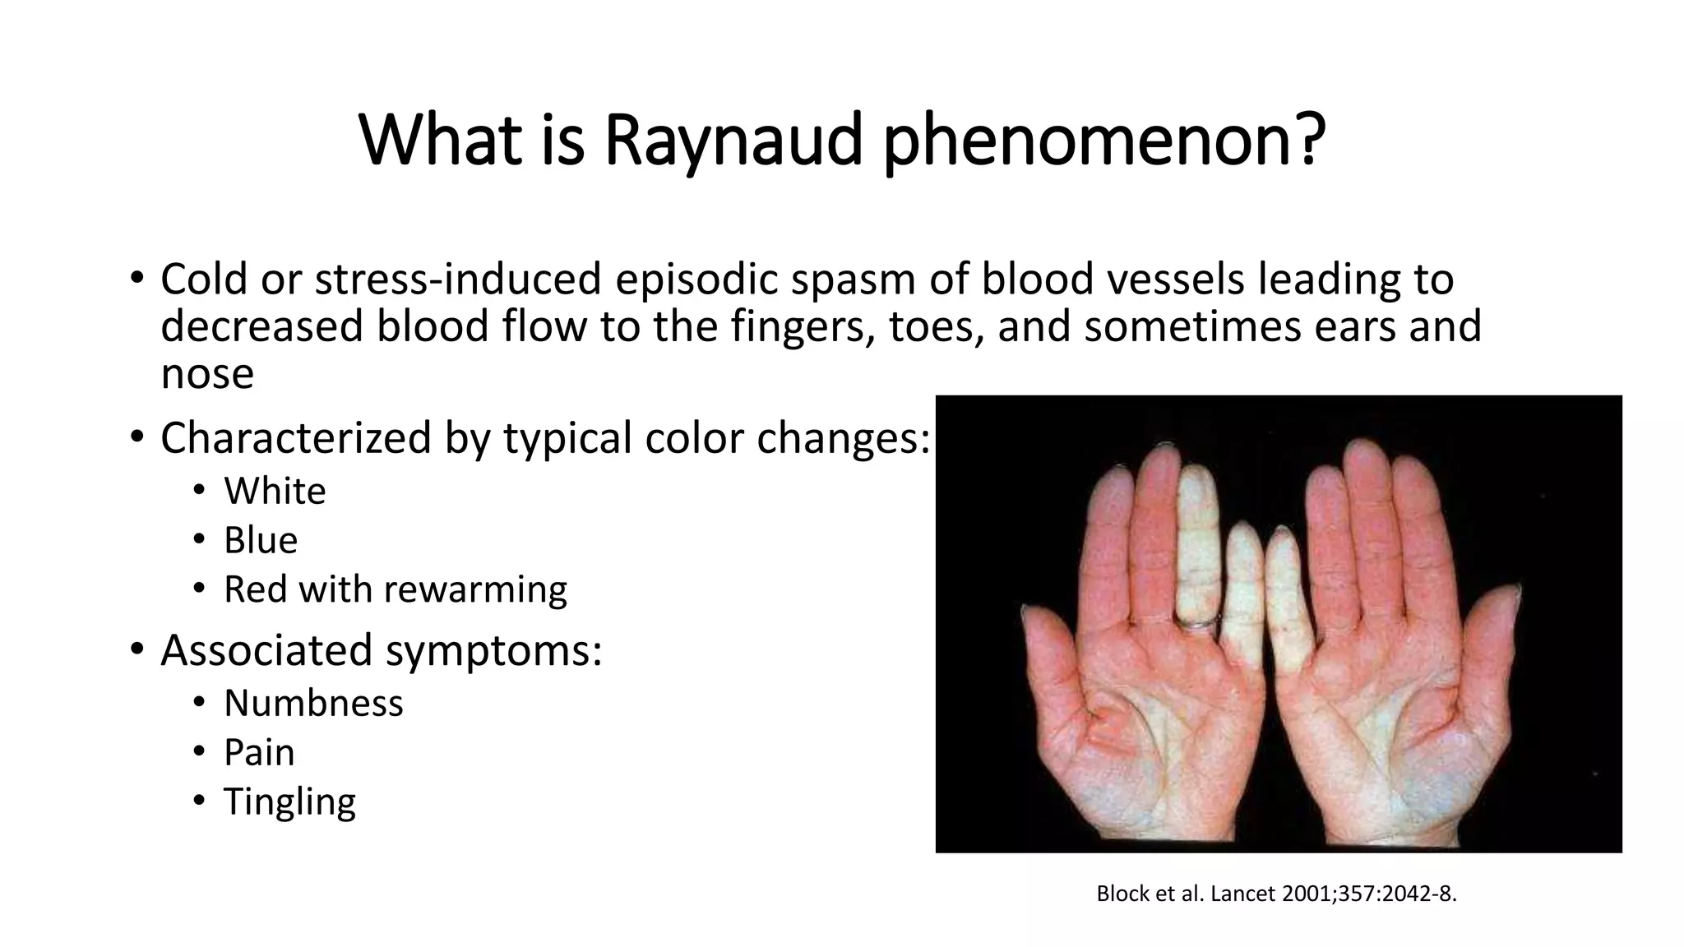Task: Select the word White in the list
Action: point(275,492)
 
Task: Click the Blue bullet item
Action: point(261,541)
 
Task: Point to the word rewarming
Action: point(475,589)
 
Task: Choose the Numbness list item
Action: point(313,704)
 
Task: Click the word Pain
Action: point(259,753)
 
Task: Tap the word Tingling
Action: point(289,802)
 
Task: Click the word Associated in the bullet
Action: point(266,650)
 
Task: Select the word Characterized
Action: point(295,437)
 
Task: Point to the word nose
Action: point(207,375)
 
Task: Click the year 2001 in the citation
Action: point(1306,894)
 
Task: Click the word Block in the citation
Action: point(1123,894)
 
